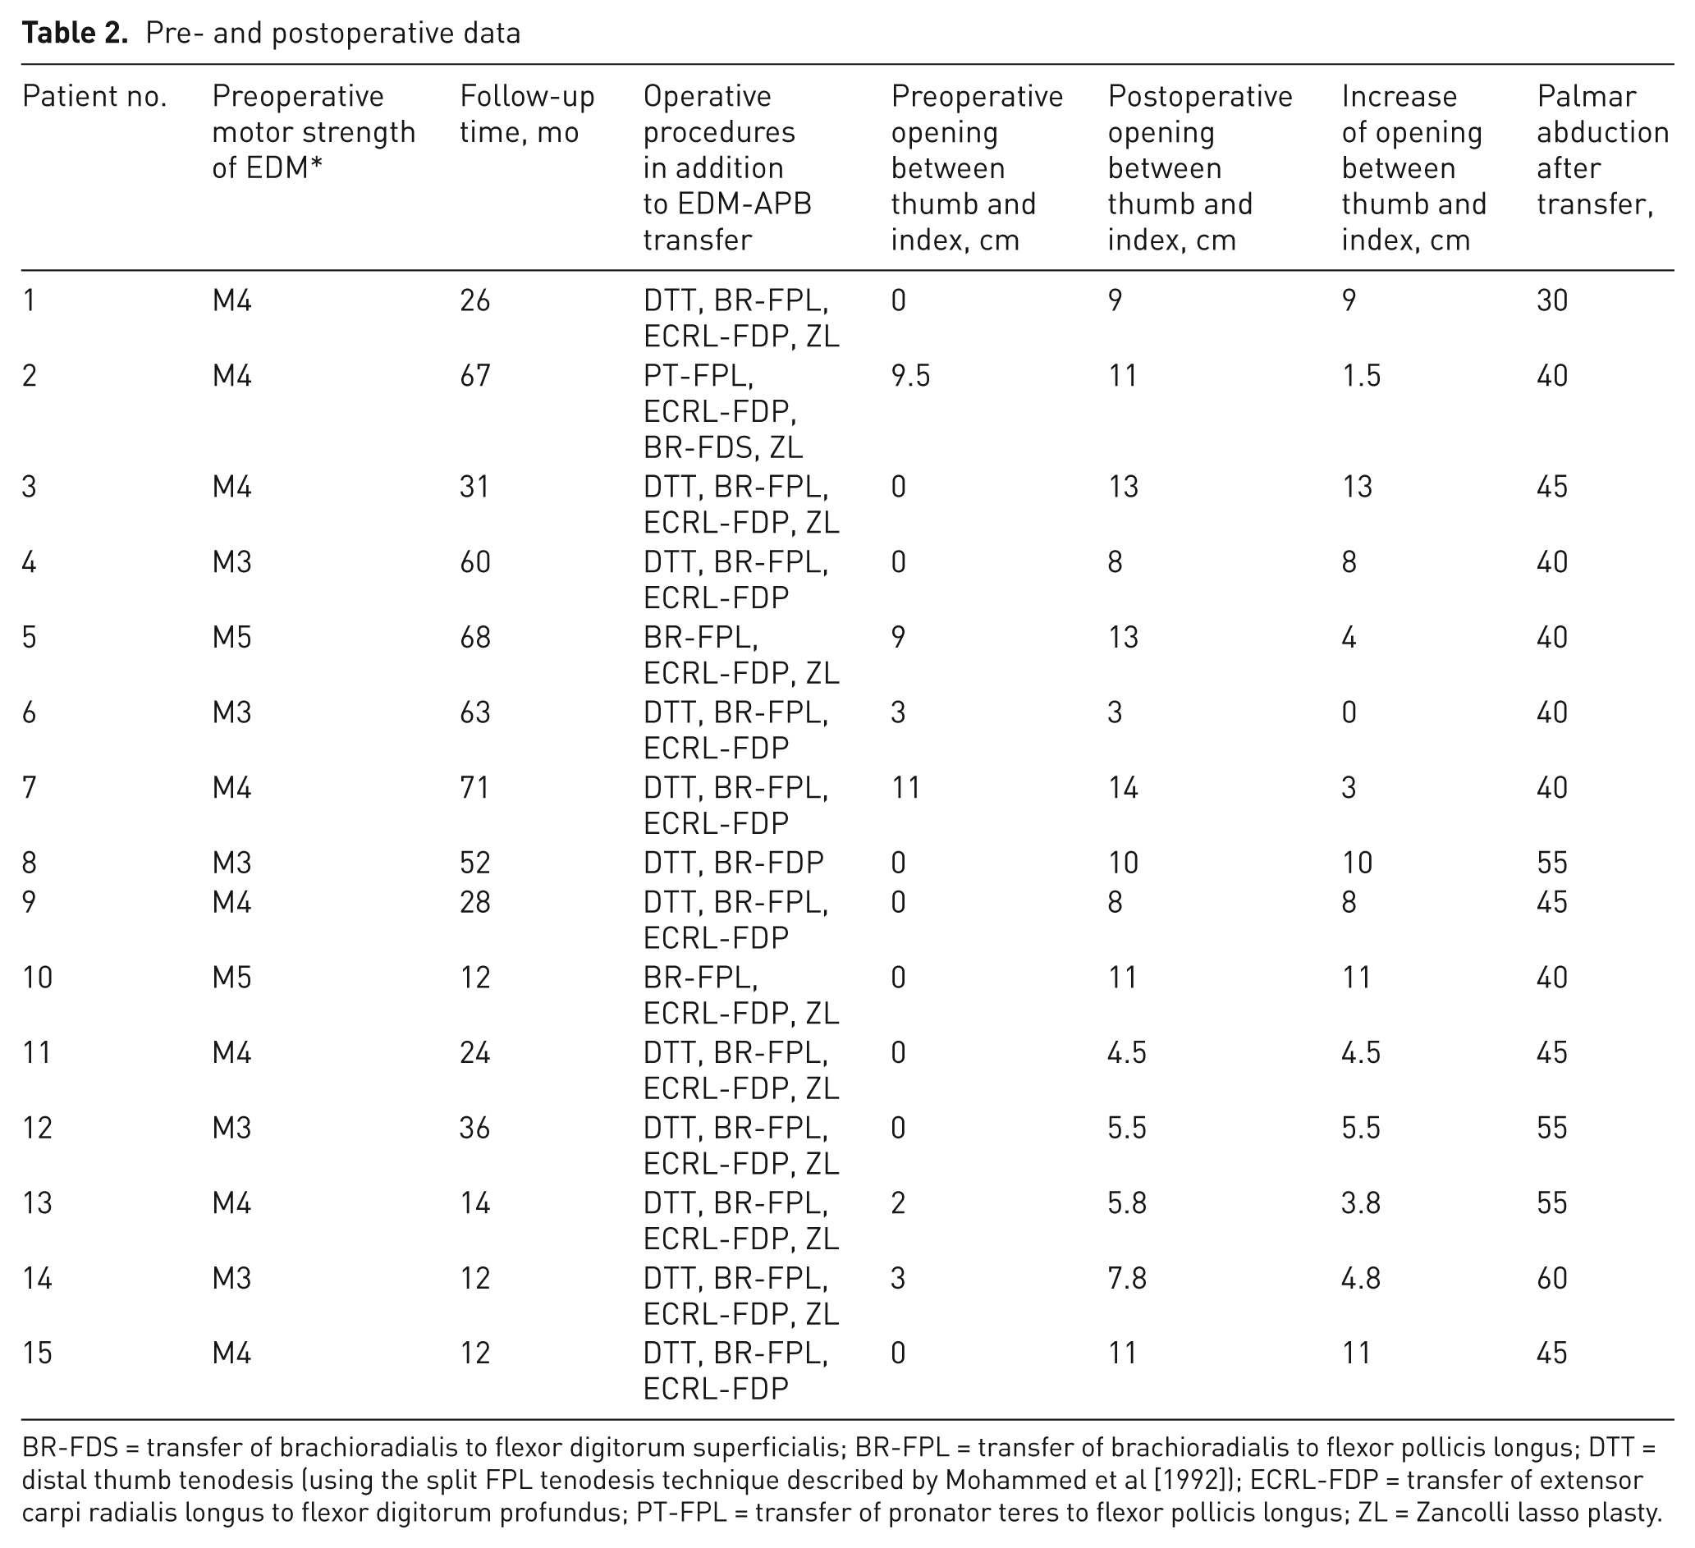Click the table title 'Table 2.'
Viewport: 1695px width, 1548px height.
coord(75,33)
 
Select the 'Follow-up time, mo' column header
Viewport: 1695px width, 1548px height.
coord(527,114)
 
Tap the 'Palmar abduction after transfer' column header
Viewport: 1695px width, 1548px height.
coord(1602,150)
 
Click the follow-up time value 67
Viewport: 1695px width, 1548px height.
coord(475,375)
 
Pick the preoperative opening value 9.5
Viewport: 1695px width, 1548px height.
coord(910,375)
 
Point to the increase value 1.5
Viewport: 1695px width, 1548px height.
coord(1361,375)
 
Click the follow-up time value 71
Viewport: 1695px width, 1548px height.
coord(475,788)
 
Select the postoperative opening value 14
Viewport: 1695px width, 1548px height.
coord(1123,788)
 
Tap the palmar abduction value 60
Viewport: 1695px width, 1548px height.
coord(1552,1279)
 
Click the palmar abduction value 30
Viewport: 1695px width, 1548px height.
coord(1552,300)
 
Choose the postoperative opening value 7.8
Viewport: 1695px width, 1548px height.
coord(1128,1279)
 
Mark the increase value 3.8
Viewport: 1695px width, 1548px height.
coord(1361,1203)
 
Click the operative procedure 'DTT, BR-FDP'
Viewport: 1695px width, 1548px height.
coord(733,863)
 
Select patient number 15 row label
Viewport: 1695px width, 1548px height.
coord(37,1353)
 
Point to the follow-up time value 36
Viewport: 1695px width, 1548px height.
coord(475,1128)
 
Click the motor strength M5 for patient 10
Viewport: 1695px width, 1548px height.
coord(232,978)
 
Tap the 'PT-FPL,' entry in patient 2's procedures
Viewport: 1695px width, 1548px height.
coord(699,376)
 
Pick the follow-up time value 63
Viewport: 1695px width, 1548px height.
coord(475,713)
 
